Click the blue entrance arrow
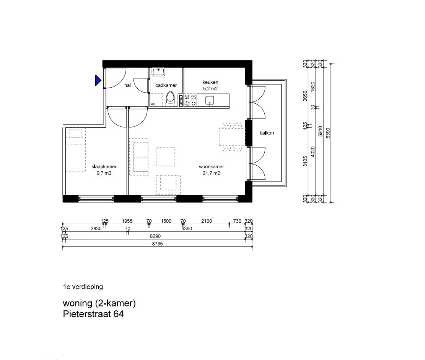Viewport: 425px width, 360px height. tap(98, 80)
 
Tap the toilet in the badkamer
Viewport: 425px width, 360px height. tap(170, 99)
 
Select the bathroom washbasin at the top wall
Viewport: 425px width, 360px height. tap(158, 72)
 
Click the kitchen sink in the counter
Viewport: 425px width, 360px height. tap(210, 100)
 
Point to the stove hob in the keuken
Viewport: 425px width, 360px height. tap(190, 100)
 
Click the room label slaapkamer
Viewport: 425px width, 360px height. tap(104, 167)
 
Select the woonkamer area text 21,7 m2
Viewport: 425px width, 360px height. tap(212, 173)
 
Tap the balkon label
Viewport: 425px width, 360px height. tap(267, 133)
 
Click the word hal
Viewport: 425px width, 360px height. tap(127, 85)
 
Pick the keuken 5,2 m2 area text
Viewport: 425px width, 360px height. tap(210, 89)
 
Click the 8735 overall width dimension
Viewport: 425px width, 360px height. tap(157, 244)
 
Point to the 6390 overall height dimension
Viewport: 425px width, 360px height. tap(328, 133)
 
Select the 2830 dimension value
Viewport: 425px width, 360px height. tap(96, 228)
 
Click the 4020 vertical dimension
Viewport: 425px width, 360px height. tap(313, 152)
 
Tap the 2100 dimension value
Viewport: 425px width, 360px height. tap(206, 221)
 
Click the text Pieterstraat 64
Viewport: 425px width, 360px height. tap(93, 314)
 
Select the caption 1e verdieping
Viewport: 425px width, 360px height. tap(83, 287)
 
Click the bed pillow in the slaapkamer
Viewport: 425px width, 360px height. tap(76, 133)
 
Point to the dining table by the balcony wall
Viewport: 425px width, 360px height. tap(233, 137)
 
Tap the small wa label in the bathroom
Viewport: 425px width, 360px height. tap(153, 104)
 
